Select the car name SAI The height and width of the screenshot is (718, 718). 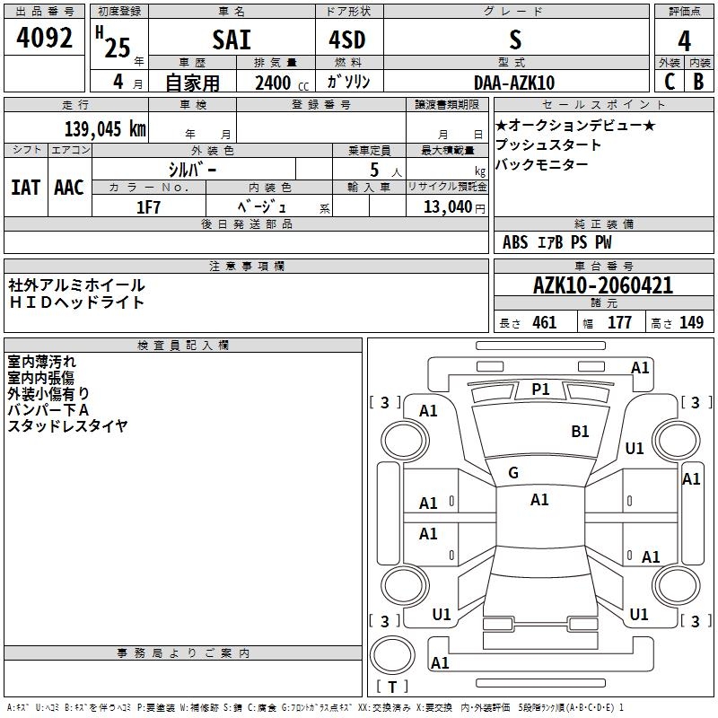click(x=231, y=40)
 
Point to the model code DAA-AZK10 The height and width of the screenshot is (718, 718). click(x=514, y=83)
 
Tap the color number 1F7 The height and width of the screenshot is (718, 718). click(x=148, y=206)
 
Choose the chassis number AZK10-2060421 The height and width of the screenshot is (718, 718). click(x=602, y=286)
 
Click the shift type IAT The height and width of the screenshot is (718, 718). click(x=25, y=188)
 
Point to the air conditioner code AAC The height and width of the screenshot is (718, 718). click(x=68, y=188)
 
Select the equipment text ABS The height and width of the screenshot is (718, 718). click(x=515, y=242)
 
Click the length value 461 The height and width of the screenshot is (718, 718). click(x=544, y=322)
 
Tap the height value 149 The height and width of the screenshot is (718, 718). click(x=691, y=322)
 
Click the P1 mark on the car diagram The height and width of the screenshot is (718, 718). click(x=540, y=389)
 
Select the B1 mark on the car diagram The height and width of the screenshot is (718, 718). click(x=580, y=432)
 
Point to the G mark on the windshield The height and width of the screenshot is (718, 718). click(x=513, y=473)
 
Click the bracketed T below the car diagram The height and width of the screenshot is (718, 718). click(x=391, y=687)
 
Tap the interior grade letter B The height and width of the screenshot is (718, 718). click(x=697, y=82)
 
